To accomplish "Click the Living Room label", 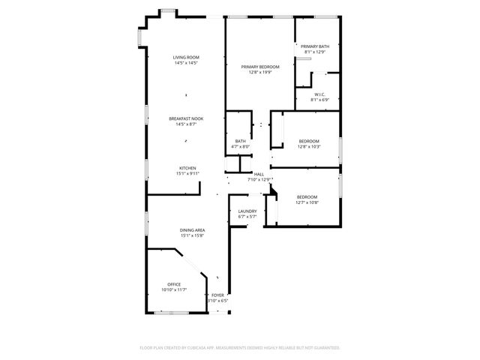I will click(x=185, y=58).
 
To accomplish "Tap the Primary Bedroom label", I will click(x=260, y=67).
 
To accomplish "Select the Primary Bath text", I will click(x=316, y=46).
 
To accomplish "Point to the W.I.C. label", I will click(x=319, y=94).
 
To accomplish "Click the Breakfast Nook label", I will click(x=185, y=118).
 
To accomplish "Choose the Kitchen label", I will click(x=187, y=168).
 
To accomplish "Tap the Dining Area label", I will click(x=193, y=230).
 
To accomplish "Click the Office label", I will click(x=174, y=284).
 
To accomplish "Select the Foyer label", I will click(x=217, y=295).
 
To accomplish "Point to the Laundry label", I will click(x=247, y=211).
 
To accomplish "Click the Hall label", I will click(x=259, y=174).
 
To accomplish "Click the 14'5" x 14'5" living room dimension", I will click(x=185, y=63).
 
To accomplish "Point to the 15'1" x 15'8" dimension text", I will click(x=193, y=235).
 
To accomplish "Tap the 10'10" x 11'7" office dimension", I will click(x=174, y=289).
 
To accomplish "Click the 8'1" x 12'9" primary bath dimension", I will click(x=316, y=52).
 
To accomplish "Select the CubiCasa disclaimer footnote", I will click(x=240, y=347).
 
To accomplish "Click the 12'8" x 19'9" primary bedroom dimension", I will click(x=260, y=72).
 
